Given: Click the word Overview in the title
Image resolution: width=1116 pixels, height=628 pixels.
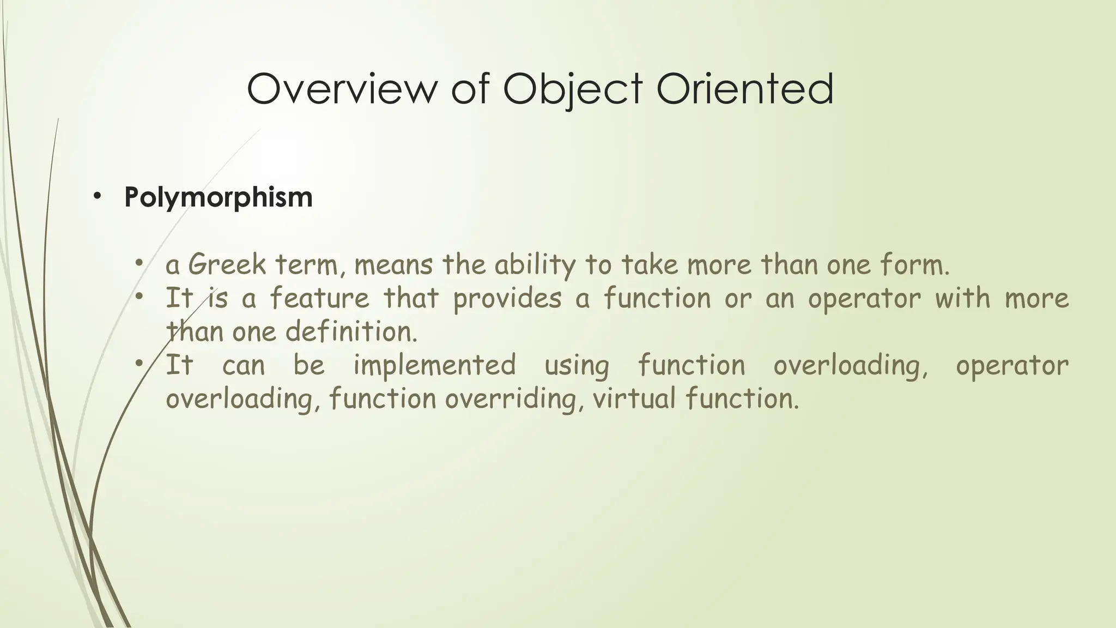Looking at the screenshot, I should [341, 88].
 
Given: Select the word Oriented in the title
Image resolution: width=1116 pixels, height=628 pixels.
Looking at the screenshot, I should [745, 88].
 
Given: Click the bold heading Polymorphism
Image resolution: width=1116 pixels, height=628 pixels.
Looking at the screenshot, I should [219, 197].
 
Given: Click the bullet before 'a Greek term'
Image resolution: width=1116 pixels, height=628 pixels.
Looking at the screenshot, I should [139, 264].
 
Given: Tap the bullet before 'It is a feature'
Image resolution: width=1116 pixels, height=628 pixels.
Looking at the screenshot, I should [139, 297].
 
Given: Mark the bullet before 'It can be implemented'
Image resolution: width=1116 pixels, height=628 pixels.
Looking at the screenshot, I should [139, 364].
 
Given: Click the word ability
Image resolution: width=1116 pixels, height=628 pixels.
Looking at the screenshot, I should [535, 266].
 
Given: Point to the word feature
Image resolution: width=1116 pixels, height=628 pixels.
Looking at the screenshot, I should [319, 298].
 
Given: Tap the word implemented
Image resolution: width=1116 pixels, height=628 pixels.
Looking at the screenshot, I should [434, 366].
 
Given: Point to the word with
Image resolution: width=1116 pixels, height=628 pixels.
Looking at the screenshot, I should [962, 298].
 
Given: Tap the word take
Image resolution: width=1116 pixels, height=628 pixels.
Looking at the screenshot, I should [651, 265].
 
